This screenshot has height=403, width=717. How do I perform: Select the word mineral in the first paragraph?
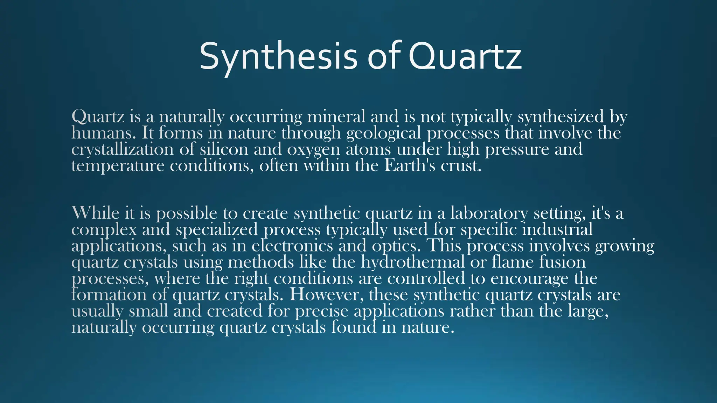336,116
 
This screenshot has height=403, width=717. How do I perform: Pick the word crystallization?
122,149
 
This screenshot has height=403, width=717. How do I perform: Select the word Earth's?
410,165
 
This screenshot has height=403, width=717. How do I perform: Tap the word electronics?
292,246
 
